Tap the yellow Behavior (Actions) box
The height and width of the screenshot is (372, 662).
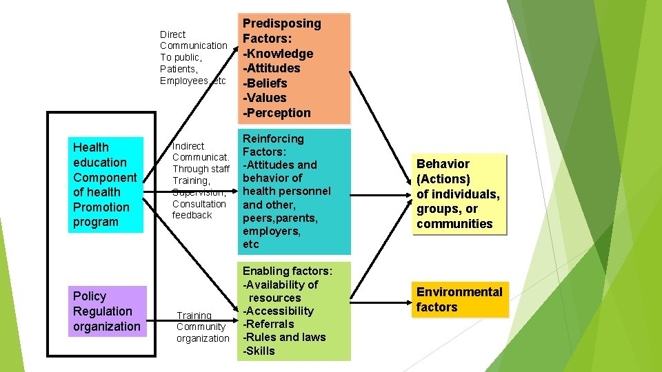point(459,194)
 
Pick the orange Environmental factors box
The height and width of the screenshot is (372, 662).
point(459,299)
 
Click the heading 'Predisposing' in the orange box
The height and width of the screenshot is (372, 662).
point(281,23)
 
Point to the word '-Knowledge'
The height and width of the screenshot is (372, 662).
point(278,54)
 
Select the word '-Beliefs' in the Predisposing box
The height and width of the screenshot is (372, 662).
point(265,83)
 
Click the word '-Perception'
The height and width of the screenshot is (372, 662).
point(277,113)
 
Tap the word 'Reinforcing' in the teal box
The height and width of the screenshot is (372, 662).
point(273,138)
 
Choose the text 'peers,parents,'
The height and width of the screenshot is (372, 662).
point(279,218)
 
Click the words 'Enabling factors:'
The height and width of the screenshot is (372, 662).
point(288,271)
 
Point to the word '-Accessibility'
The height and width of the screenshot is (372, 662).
point(278,311)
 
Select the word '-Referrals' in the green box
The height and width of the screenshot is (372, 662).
point(268,324)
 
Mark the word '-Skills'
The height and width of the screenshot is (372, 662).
point(259,351)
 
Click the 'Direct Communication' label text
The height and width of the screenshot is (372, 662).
point(193,40)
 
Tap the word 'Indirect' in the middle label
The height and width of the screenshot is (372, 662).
point(188,146)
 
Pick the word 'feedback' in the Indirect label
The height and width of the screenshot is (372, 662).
point(192,215)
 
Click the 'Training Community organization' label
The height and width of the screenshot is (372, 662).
point(202,327)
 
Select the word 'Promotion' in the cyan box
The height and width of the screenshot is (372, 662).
point(101,207)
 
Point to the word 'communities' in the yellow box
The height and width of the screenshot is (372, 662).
point(454,224)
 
